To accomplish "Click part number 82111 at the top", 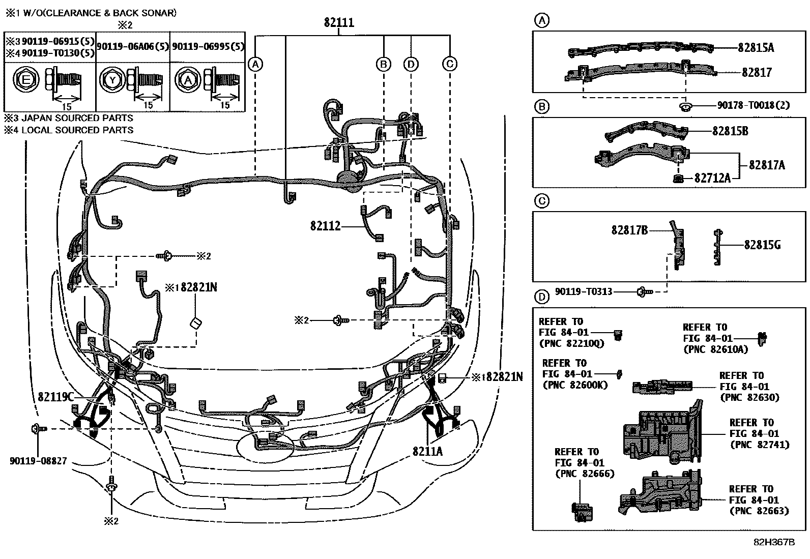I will coord(339,22).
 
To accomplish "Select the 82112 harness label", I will coord(325,225).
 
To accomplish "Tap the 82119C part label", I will coord(56,396).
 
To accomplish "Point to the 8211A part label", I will coord(427,451).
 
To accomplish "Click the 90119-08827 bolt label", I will coord(38,461).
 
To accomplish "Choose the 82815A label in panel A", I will coord(756,48).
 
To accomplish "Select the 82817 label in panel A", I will coord(757,72).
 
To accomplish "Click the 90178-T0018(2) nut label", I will coord(754,105).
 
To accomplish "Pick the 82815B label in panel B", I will coord(730,131).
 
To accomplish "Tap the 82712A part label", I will coord(712,178).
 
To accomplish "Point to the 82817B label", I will coord(629,230).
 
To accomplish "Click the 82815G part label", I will coord(762,245).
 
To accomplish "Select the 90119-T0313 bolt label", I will coord(584,291).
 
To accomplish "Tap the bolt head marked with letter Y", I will coord(112,79).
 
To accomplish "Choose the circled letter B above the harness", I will coord(383,64).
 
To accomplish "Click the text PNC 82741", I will coord(759,444).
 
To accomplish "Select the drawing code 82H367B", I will coord(773,542).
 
